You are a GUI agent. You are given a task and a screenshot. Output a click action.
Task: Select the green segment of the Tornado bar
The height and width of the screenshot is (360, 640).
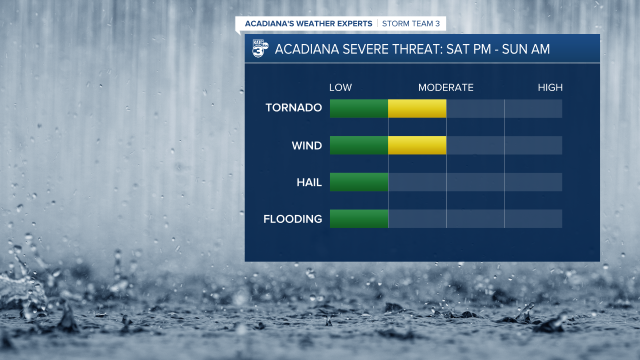[x=359, y=108]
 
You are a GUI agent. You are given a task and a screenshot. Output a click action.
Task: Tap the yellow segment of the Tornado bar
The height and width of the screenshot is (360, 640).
[x=417, y=108]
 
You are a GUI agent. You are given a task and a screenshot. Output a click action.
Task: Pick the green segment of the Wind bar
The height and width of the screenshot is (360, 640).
[x=359, y=145]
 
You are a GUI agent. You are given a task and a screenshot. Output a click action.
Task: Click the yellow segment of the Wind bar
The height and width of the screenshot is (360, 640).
[x=417, y=145]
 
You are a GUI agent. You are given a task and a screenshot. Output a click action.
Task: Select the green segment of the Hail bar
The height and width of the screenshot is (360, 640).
[x=359, y=182]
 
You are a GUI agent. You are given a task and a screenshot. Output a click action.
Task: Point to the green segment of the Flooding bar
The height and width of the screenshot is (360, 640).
[x=359, y=219]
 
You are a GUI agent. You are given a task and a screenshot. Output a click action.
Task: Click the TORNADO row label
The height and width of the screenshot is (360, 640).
[x=293, y=108]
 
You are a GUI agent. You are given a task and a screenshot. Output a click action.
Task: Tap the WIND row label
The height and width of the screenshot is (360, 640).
[x=306, y=146]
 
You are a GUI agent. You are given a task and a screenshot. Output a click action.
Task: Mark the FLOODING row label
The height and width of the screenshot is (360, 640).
[x=292, y=219]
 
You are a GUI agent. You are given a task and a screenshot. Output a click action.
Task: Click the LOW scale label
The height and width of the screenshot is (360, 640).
[x=340, y=88]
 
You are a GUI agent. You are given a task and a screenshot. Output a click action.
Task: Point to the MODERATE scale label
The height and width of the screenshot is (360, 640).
[x=445, y=88]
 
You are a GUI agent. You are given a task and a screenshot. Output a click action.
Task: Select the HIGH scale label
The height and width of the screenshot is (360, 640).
[x=550, y=88]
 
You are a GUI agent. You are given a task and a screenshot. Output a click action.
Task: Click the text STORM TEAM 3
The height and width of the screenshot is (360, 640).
[x=410, y=23]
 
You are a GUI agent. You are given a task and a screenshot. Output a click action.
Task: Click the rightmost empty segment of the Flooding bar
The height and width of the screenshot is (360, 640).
[x=533, y=219]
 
